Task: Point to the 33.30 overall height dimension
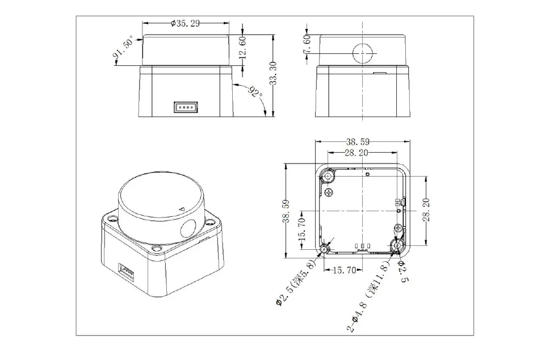(x=274, y=74)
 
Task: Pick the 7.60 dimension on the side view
(x=307, y=45)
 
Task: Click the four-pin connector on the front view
(x=185, y=106)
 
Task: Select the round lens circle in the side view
(x=363, y=54)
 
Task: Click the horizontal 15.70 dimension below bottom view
(x=344, y=270)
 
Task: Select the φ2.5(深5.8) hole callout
(x=299, y=283)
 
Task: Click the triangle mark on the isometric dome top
(x=182, y=209)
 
